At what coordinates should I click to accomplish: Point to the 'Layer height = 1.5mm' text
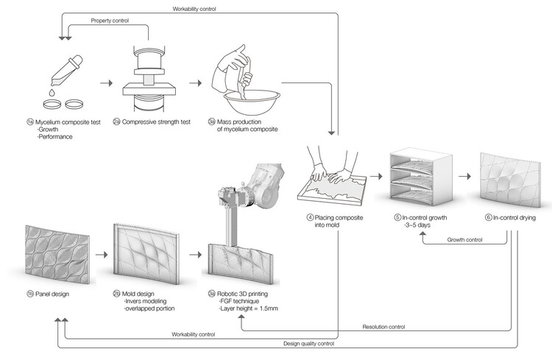[246, 310]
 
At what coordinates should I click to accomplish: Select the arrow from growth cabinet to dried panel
[464, 177]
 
